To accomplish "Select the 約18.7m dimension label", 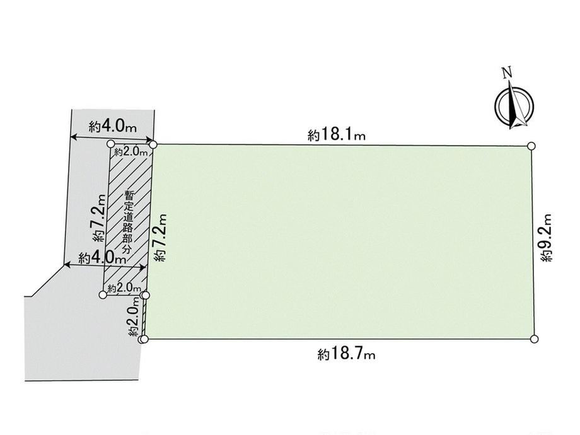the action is click(346, 355).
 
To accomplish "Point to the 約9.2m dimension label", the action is click(547, 238).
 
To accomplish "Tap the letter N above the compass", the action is click(507, 72).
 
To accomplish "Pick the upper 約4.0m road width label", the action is click(113, 127).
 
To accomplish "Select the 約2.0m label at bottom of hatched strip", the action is click(124, 287).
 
